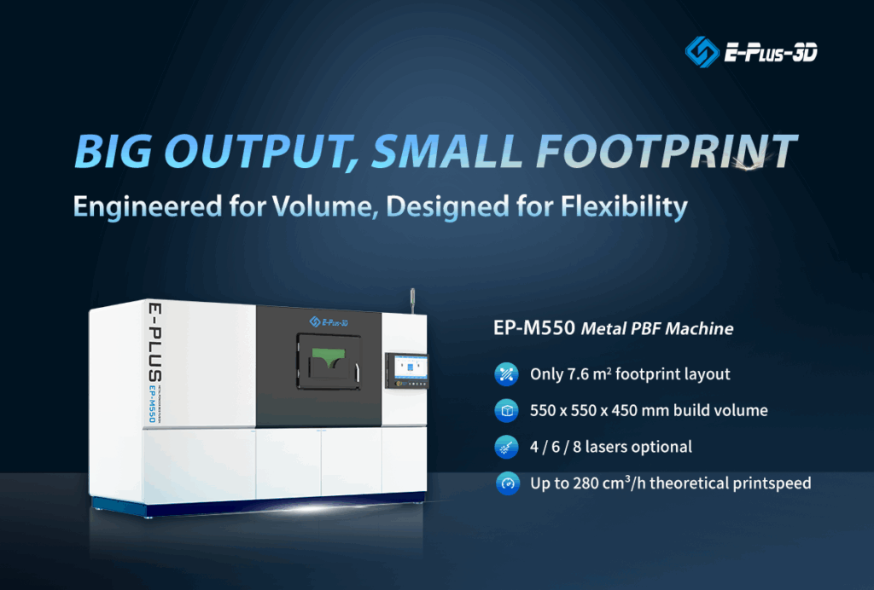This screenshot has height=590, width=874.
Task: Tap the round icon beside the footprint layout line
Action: click(x=506, y=373)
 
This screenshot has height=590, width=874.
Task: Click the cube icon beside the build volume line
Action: click(x=506, y=410)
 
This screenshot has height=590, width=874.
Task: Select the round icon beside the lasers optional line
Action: click(x=506, y=447)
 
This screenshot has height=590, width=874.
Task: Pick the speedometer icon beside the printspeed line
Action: click(x=506, y=483)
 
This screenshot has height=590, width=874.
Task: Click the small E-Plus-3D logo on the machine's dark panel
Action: click(x=328, y=321)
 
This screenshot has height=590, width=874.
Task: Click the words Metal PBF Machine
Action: click(x=657, y=328)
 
